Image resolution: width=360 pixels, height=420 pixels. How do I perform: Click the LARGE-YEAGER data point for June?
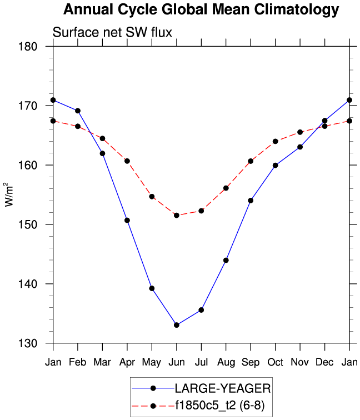pos(177,325)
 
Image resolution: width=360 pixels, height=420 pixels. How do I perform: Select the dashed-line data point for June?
pos(177,215)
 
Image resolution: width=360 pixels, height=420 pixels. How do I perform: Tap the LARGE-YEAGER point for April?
pos(127,221)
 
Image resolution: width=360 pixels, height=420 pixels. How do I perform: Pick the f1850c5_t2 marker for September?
pos(251,161)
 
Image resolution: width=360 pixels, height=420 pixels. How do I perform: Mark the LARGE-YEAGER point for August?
pos(226,260)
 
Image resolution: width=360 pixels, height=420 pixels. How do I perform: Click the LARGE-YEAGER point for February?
pos(78,111)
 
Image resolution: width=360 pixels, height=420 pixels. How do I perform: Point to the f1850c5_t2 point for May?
pos(152,197)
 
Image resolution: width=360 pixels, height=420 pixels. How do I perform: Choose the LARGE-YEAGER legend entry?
pos(222,387)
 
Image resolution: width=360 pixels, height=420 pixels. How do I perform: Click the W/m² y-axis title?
pos(9,194)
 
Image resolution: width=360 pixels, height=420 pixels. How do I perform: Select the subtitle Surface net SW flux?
pos(112,33)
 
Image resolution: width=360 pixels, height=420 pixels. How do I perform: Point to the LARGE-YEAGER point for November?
pos(300,147)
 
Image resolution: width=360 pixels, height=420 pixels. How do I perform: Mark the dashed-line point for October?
pos(275,141)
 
